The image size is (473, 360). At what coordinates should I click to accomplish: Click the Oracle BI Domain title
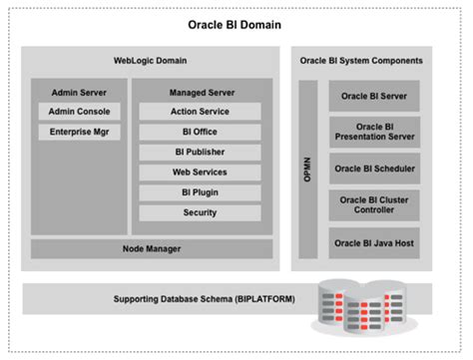236,24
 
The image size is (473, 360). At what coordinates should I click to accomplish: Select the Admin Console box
80,112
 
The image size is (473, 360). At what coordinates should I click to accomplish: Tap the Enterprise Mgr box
80,132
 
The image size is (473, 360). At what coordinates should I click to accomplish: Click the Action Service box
200,112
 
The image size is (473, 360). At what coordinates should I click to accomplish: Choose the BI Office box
200,132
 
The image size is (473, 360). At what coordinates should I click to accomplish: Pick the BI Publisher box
200,152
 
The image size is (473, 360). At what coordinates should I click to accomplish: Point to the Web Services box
200,172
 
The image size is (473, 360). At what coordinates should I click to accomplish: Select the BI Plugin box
200,191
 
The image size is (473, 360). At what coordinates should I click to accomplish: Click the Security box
200,212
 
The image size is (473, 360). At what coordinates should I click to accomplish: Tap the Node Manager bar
152,247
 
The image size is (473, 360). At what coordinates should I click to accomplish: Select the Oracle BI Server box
373,97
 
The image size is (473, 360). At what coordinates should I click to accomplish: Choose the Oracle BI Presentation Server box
373,132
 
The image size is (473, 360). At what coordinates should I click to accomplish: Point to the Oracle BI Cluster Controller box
373,204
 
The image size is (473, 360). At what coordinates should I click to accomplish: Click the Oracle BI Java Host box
373,241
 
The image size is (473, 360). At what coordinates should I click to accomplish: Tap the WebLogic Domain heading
152,61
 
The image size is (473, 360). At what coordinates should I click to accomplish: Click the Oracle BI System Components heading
361,61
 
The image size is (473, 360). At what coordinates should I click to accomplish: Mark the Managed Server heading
200,90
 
